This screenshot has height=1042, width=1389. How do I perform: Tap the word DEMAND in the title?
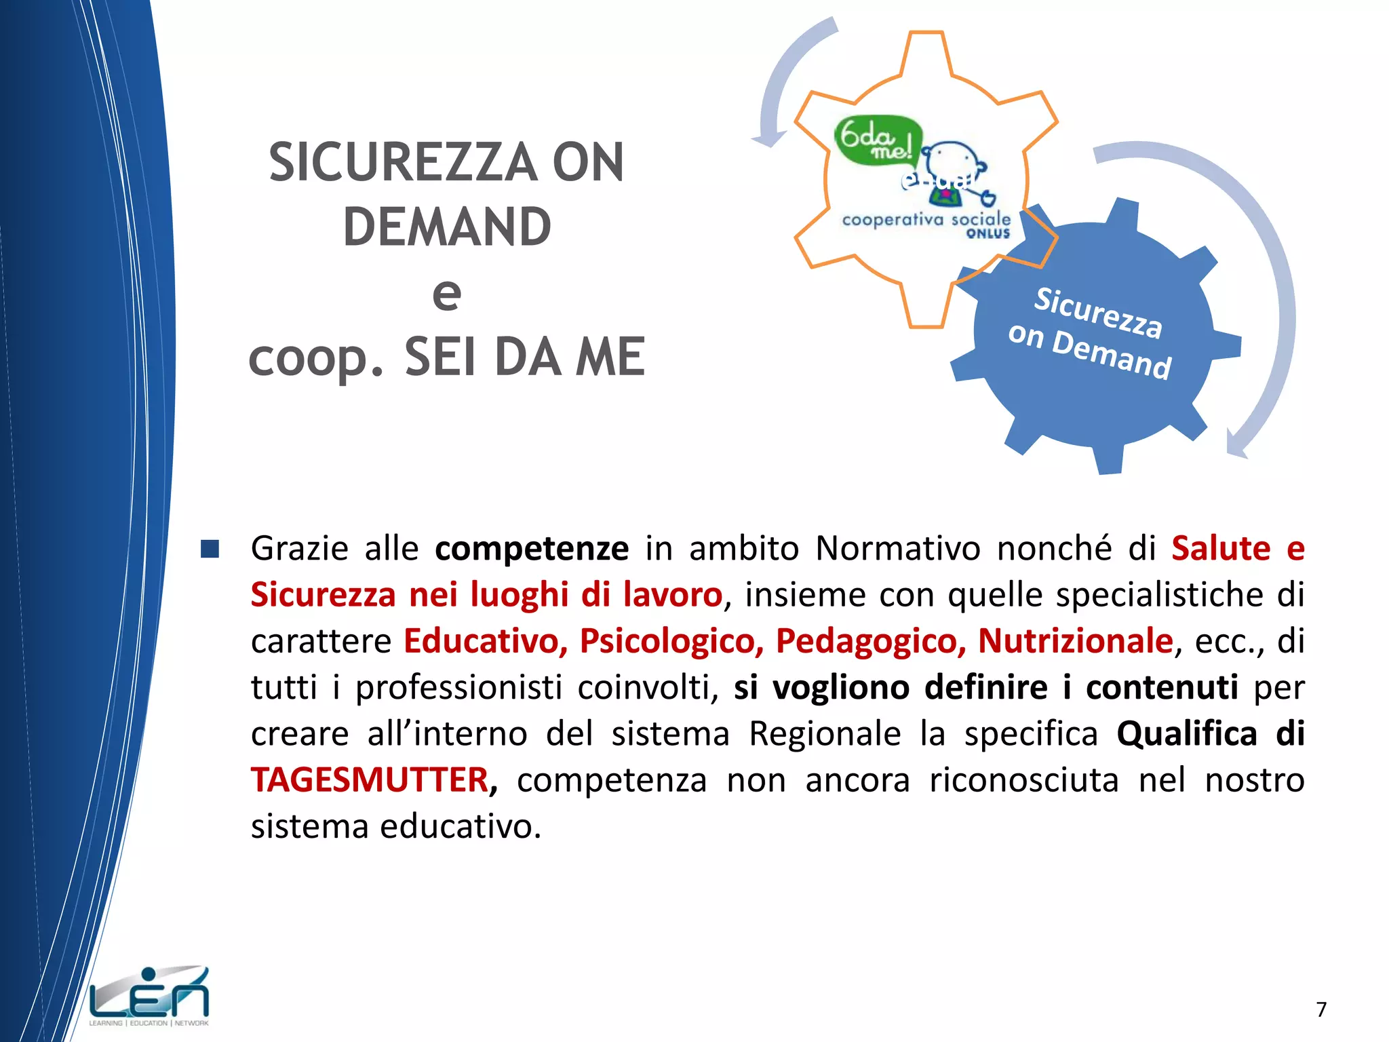(x=447, y=227)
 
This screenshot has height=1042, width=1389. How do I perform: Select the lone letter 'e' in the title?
(x=447, y=293)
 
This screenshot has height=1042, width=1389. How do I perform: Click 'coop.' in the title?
(x=316, y=358)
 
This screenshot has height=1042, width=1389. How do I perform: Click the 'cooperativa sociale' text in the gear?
(x=926, y=219)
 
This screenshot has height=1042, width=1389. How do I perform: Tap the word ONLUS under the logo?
(x=988, y=233)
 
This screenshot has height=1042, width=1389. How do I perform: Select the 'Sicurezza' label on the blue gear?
(x=1098, y=312)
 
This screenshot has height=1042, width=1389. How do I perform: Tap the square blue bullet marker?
(x=210, y=549)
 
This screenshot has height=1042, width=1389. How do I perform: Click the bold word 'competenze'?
(x=532, y=548)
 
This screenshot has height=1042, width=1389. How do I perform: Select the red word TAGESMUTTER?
(x=370, y=780)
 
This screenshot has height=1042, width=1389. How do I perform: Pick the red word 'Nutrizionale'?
(x=1076, y=641)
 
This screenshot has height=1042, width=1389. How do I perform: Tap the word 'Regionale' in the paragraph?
(x=825, y=734)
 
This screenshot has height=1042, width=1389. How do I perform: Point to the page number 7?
(x=1321, y=1009)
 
